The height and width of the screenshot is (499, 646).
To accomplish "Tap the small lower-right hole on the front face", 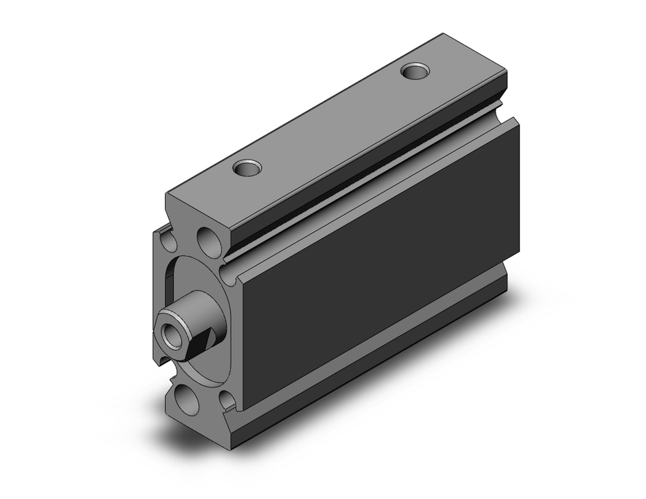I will pos(225,401).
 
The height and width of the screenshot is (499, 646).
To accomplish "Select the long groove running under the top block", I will pos(362,171).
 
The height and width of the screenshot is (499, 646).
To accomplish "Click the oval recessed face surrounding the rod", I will pos(194,284).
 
